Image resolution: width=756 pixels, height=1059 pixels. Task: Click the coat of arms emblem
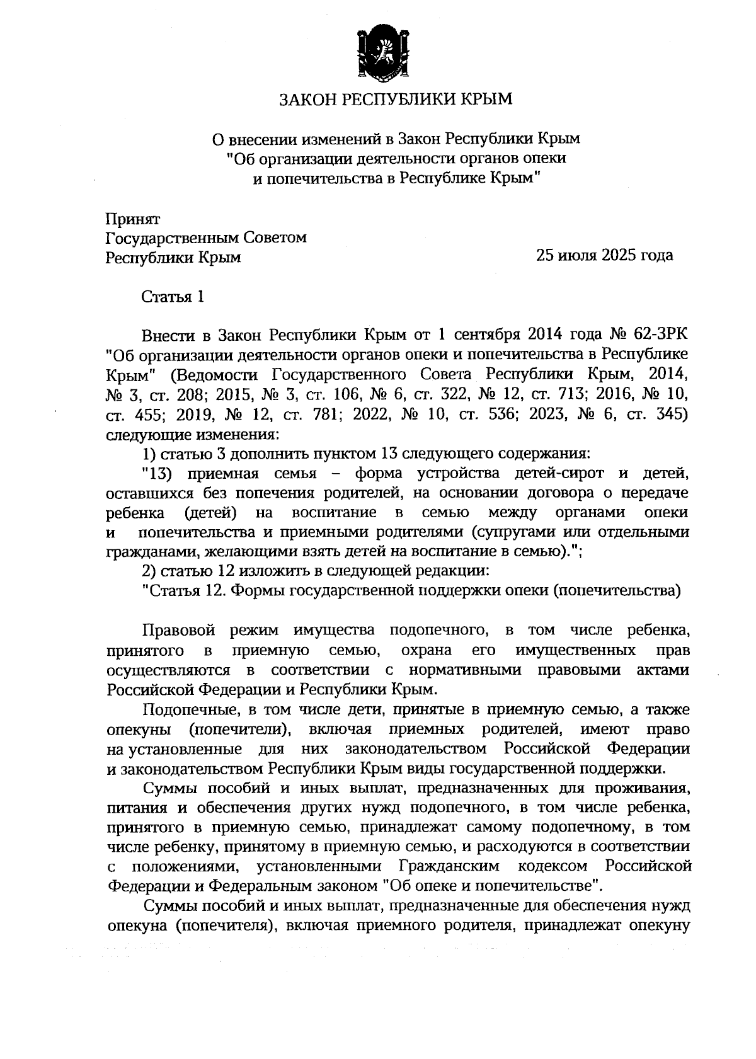point(378,54)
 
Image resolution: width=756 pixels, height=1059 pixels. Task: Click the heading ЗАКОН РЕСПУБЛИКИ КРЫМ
point(396,100)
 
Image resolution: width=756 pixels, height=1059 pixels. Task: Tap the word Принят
point(133,219)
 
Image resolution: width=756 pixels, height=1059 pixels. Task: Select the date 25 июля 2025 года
point(604,255)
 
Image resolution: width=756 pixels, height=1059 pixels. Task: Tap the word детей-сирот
point(561,473)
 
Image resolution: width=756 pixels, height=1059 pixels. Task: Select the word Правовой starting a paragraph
point(179,631)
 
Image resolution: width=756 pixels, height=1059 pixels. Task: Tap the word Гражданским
point(448,866)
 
